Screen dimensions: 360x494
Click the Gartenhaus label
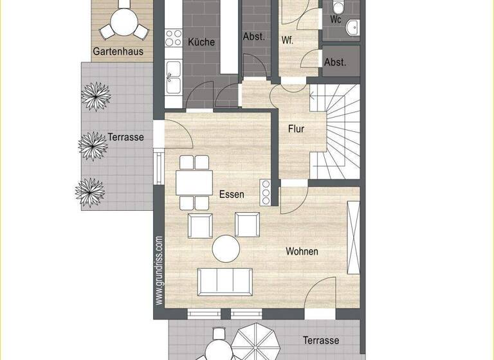pos(118,51)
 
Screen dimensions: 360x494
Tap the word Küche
pos(201,42)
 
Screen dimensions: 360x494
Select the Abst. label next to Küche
pos(254,37)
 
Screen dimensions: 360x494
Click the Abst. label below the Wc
pos(335,62)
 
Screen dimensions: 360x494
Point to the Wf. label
pos(288,40)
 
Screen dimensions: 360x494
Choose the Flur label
pos(296,129)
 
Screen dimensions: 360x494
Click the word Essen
pos(232,194)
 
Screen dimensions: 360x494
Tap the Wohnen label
pos(302,251)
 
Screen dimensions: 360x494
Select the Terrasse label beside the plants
pos(125,137)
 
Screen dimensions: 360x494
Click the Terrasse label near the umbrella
pos(321,340)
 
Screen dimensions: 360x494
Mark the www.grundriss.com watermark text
pos(159,270)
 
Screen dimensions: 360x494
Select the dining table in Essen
pos(194,183)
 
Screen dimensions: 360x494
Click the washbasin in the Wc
pos(352,26)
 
